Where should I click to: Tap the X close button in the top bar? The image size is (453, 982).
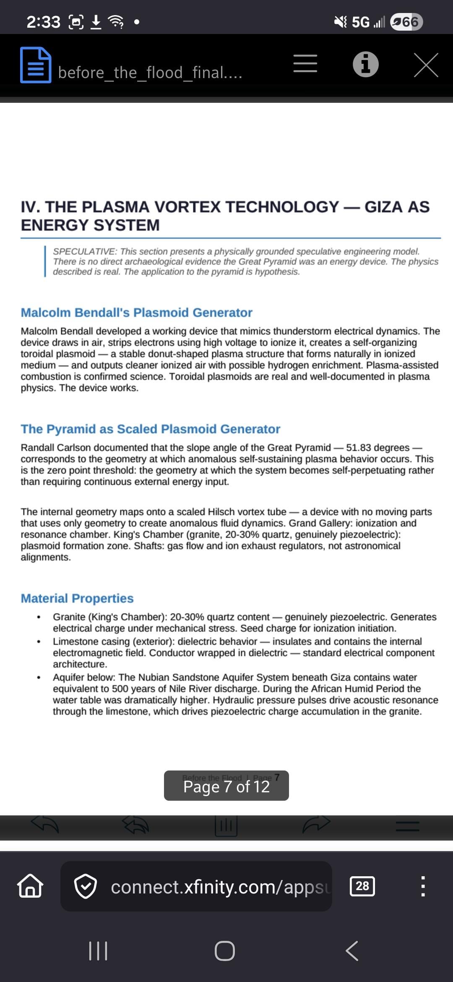click(x=426, y=65)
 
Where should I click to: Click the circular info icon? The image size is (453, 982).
click(x=365, y=65)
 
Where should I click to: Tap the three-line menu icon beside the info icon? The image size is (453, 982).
click(x=305, y=63)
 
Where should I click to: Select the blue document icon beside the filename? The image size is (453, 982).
click(x=36, y=65)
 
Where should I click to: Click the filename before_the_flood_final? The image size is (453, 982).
click(x=150, y=73)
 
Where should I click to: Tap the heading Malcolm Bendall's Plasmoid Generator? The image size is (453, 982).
click(x=136, y=313)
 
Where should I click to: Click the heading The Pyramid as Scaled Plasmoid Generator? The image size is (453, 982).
click(x=150, y=429)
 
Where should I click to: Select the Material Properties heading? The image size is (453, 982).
click(x=77, y=598)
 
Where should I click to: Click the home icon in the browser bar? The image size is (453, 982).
click(x=30, y=886)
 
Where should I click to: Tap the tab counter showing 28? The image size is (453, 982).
click(x=362, y=886)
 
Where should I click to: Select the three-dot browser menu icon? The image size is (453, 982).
click(x=423, y=886)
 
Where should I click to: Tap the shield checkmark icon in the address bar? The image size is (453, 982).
click(x=86, y=886)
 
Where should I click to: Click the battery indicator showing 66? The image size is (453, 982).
click(x=406, y=21)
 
